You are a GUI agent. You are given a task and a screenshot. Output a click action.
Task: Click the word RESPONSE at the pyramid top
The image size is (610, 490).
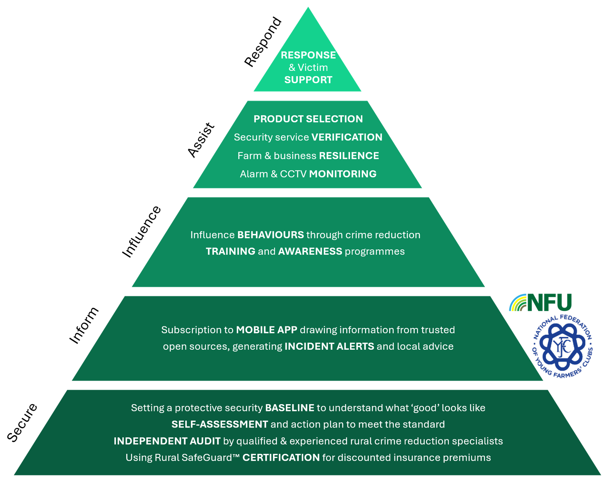[x=308, y=55]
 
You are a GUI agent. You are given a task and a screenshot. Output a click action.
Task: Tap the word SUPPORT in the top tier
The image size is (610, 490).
[x=308, y=80]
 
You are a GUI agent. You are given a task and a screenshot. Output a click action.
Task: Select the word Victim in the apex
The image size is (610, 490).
[x=313, y=68]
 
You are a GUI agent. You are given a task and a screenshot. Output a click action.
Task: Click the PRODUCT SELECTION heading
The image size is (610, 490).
[x=308, y=119]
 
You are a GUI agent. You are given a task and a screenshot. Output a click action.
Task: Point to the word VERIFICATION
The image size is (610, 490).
[x=347, y=137]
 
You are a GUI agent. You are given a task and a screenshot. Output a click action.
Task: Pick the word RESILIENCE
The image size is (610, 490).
[x=349, y=156]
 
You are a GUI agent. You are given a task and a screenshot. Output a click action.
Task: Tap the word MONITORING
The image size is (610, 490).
[x=342, y=174]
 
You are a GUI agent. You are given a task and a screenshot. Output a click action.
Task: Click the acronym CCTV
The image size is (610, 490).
[x=293, y=174]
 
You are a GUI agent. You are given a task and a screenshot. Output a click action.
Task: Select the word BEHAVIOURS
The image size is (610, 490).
[x=270, y=235]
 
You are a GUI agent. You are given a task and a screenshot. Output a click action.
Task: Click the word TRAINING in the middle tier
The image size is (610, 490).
[x=230, y=252]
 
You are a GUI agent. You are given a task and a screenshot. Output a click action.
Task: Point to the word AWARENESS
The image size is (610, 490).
[x=310, y=252]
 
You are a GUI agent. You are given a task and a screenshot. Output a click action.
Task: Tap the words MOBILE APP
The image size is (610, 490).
[x=266, y=330]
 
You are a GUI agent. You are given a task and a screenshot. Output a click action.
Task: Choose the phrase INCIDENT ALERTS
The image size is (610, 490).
[x=329, y=347]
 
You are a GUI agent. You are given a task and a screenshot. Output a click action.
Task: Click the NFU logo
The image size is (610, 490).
[x=541, y=302]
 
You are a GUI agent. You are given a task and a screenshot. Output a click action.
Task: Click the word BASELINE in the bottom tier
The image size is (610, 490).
[x=289, y=408]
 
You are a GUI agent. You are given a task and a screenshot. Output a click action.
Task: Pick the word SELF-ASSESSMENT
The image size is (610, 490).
[x=220, y=424]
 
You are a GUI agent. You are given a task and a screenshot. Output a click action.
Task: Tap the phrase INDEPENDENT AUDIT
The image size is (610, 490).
[x=167, y=441]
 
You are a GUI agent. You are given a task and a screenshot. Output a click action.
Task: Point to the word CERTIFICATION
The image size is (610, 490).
[x=281, y=458]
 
